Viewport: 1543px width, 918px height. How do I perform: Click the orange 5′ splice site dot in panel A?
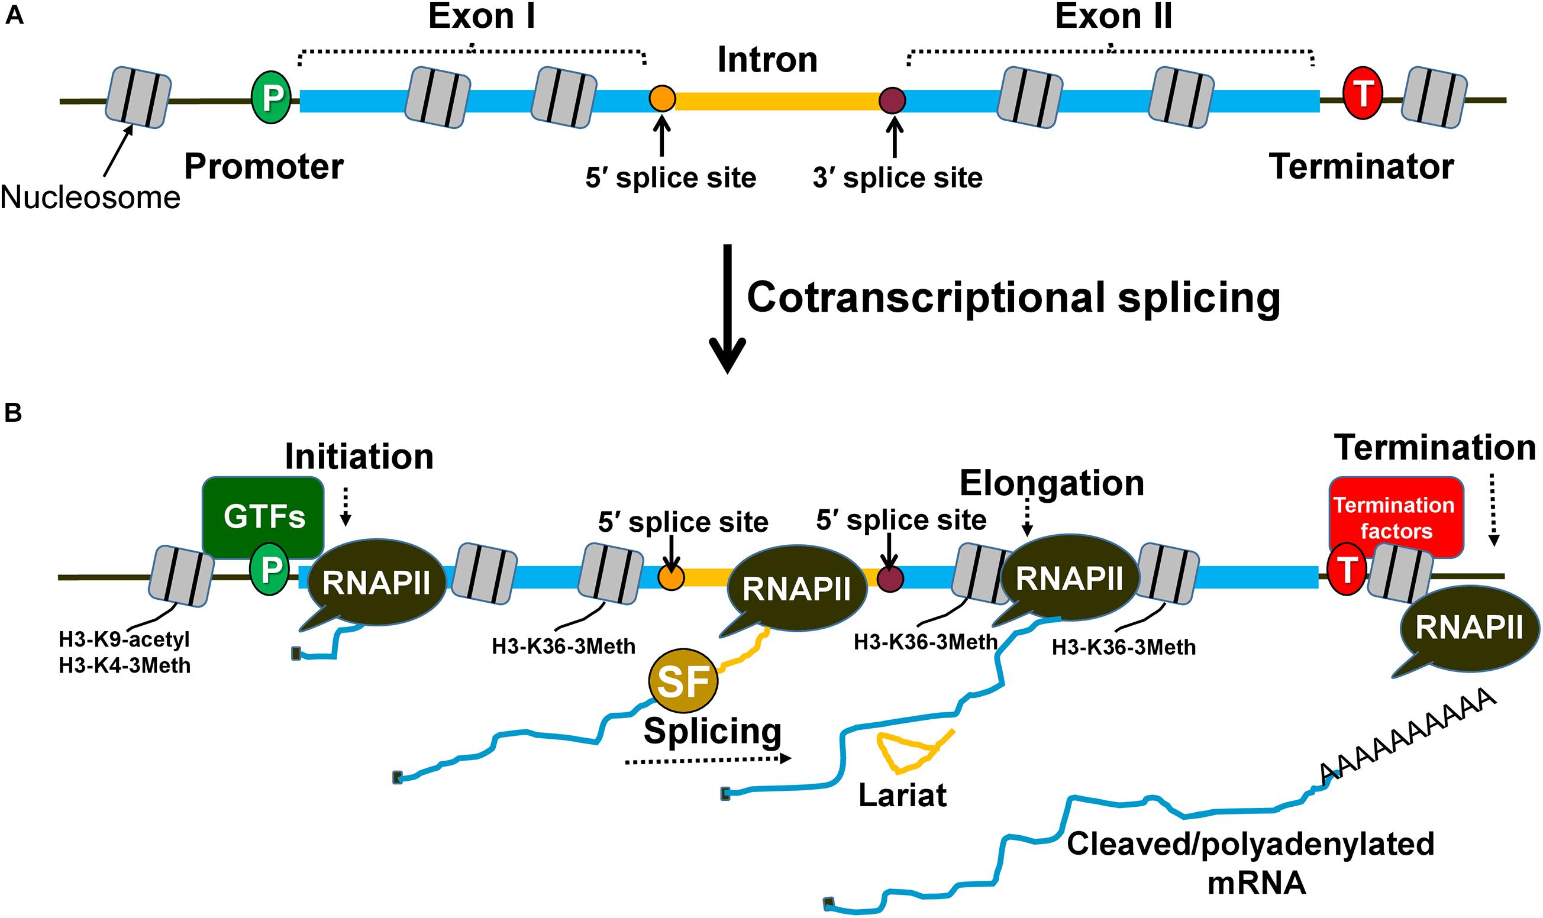point(661,98)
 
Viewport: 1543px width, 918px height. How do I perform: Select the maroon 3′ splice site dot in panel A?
point(893,99)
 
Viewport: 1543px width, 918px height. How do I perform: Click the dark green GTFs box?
point(263,516)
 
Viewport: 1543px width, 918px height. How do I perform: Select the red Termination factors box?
point(1395,517)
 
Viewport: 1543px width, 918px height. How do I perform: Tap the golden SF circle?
point(683,681)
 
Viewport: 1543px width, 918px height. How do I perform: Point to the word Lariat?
point(903,796)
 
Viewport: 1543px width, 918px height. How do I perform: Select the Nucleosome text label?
point(91,198)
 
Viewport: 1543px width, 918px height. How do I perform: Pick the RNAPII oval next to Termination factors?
point(1469,629)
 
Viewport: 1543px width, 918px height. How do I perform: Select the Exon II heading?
point(1113,17)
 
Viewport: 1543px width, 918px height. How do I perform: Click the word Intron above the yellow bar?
point(767,60)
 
